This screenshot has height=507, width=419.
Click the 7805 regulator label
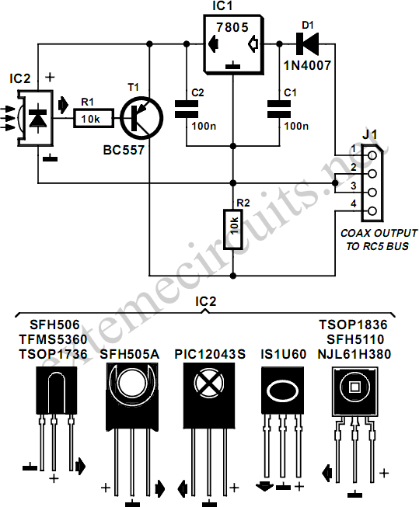232,27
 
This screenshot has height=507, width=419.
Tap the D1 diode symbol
307,43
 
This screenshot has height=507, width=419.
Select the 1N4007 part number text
307,66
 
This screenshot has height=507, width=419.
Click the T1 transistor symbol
141,118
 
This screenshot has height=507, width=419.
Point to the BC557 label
124,150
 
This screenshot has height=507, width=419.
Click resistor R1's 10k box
93,119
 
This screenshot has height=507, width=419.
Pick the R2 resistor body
232,229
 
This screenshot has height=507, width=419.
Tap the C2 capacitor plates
187,109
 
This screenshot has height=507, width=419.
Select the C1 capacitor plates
279,109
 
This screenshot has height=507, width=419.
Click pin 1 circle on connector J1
372,155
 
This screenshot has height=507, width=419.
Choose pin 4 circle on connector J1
372,211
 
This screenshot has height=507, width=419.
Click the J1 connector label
369,134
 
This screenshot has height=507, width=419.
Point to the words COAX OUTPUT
379,233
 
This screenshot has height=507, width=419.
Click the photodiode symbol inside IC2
38,118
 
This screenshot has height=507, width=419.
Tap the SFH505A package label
130,354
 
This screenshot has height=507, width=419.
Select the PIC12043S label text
210,354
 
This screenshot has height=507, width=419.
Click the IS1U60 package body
282,391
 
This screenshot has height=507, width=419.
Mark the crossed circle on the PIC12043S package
209,383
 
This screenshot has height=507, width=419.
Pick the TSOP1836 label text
353,325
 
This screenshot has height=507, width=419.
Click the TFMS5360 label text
53,339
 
